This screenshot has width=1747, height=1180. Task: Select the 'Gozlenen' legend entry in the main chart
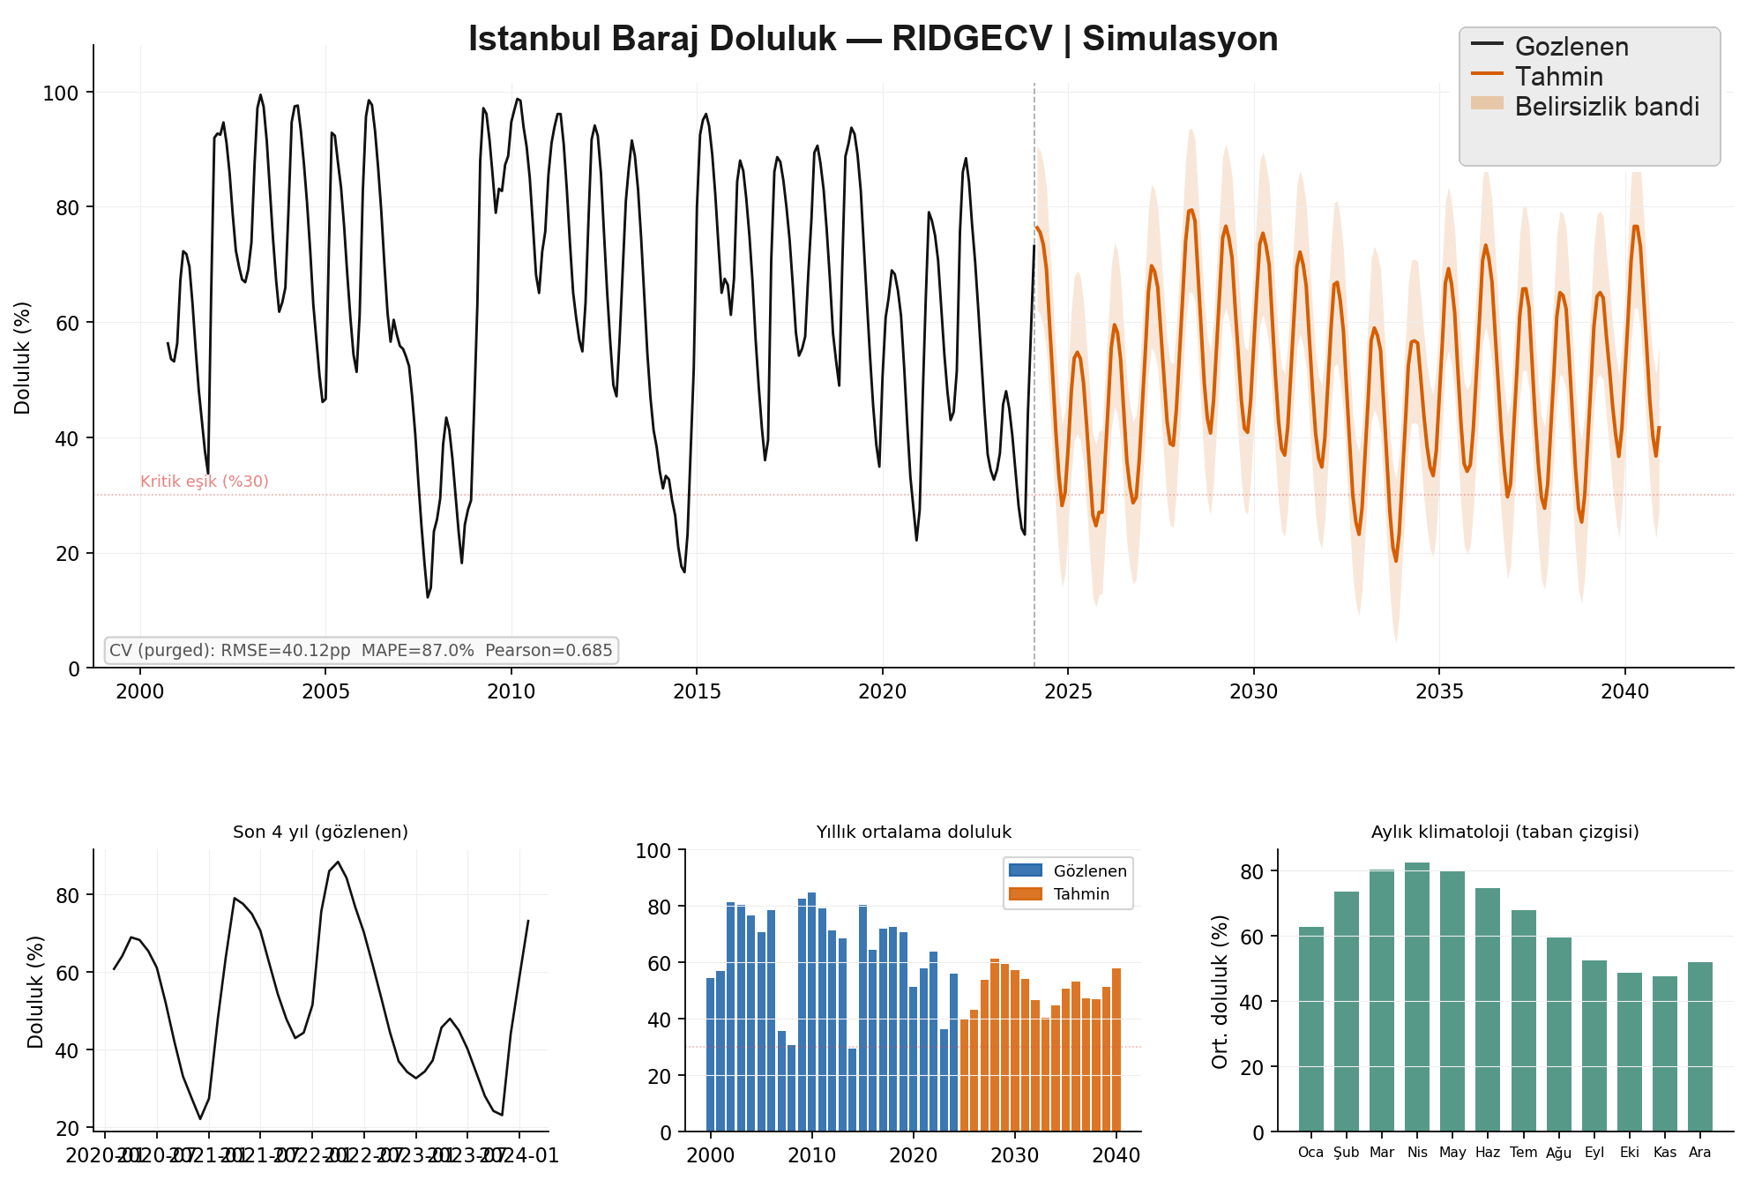point(1571,47)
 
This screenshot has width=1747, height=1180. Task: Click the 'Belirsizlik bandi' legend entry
point(1606,107)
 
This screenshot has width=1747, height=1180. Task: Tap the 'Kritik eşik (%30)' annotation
point(204,482)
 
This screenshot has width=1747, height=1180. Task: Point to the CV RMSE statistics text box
point(361,651)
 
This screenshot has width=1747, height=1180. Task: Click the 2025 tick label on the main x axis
point(1068,691)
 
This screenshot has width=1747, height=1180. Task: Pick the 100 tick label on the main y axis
point(61,93)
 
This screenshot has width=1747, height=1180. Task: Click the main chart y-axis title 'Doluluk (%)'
point(23,358)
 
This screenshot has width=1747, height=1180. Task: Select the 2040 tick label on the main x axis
point(1624,691)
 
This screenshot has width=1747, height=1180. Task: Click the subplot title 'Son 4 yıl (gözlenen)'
point(320,832)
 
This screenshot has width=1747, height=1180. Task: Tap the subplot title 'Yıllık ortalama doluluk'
point(914,832)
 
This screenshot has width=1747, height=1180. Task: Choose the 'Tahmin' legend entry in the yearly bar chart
point(1081,894)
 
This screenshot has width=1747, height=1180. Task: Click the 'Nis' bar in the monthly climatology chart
point(1417,997)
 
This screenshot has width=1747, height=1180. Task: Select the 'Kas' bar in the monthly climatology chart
point(1665,1054)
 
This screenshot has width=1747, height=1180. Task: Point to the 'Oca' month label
point(1310,1153)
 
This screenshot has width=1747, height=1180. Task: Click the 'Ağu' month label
point(1558,1153)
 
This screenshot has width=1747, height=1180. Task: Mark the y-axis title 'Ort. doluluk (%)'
point(1220,991)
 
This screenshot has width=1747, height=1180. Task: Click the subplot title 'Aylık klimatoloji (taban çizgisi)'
point(1504,832)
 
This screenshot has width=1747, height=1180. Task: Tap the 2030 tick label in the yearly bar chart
point(1015,1155)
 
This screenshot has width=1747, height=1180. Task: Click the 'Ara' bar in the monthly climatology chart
point(1700,1047)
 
